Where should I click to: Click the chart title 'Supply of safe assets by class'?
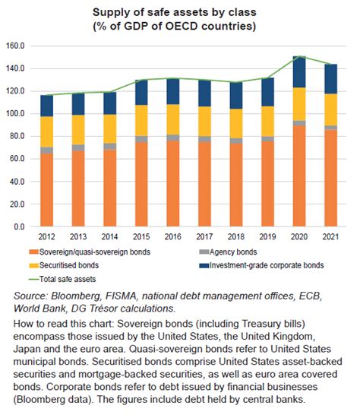pos(179,13)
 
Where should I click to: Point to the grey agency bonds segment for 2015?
pos(141,139)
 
